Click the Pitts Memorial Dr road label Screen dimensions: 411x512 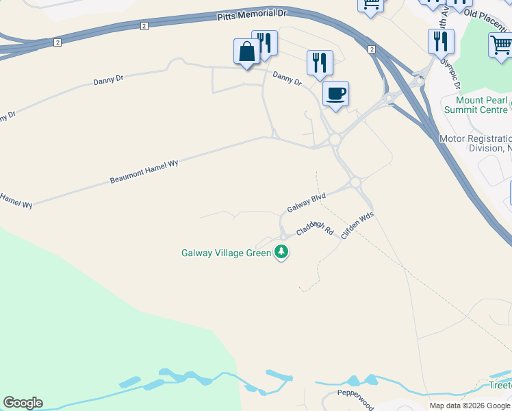251,14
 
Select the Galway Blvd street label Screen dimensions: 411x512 306,203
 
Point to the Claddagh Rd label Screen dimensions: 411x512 315,228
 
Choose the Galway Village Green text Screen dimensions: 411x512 226,253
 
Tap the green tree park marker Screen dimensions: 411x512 281,253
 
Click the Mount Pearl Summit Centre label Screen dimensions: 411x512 476,105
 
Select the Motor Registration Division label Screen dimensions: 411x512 476,143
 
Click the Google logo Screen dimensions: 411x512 23,403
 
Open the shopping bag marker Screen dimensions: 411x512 246,51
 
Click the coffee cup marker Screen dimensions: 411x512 335,93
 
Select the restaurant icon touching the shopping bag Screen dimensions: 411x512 265,42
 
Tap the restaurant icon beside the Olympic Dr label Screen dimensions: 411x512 441,41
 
